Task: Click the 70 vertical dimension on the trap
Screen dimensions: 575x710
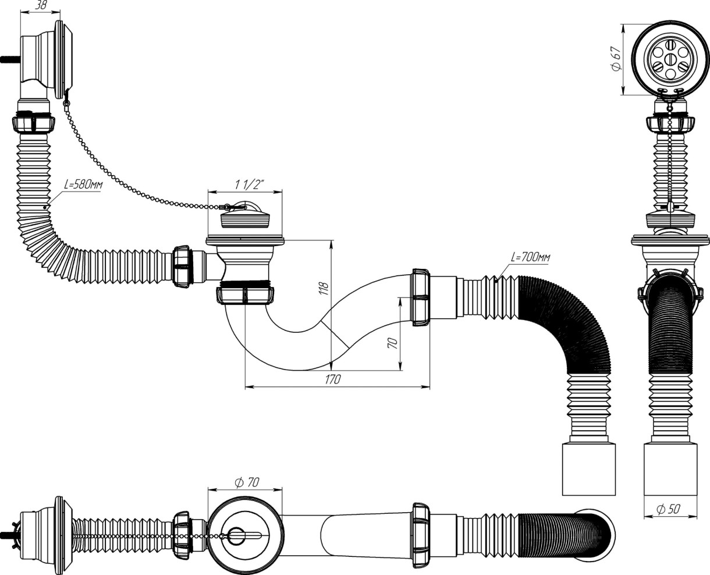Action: (x=392, y=343)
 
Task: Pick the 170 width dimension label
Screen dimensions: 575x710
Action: (x=332, y=379)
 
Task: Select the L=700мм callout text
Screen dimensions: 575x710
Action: (x=530, y=257)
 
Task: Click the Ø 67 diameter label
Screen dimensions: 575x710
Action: (x=615, y=59)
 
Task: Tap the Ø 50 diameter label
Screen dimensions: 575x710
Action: (x=668, y=509)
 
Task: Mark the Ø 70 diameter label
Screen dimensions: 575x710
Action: (x=246, y=482)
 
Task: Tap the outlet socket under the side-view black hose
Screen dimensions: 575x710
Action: (x=589, y=468)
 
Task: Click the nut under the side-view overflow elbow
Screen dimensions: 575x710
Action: (x=33, y=123)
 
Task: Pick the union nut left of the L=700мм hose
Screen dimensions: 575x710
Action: (x=420, y=296)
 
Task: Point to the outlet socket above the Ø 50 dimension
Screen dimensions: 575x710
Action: (x=670, y=468)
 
